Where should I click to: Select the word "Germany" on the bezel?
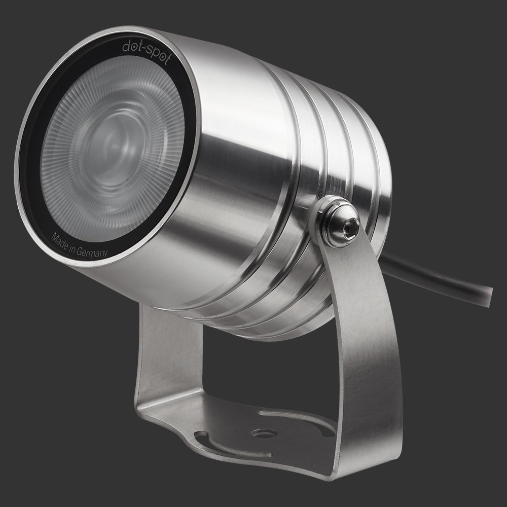tap(92, 252)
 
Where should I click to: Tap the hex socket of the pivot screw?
tap(351, 224)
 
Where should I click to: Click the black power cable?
tap(437, 278)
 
